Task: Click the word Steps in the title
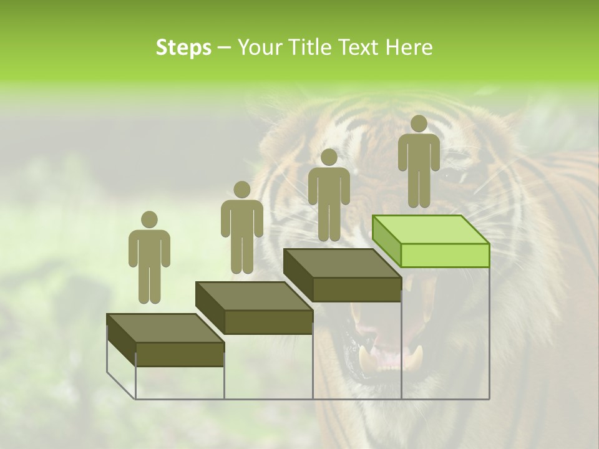183,47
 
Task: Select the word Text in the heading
358,47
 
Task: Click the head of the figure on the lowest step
149,220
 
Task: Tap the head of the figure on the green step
419,123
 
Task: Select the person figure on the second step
241,228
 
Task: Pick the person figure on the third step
329,195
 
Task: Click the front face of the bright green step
445,254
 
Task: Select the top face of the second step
253,296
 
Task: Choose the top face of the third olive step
341,263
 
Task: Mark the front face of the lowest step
180,354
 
